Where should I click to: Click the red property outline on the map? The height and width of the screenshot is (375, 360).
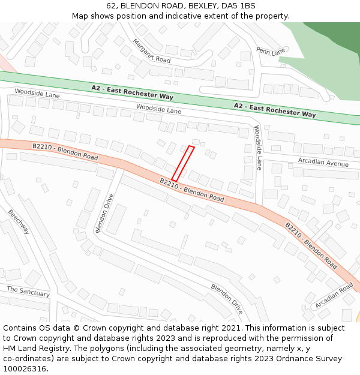coord(183,163)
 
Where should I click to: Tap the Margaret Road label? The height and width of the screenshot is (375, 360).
coord(151,52)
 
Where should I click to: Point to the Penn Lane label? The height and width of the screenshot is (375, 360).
coord(271,52)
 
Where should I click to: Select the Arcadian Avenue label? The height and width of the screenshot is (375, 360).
coord(323,163)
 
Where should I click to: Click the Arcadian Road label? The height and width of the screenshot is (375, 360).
coord(334,296)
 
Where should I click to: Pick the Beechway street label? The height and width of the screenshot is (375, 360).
coord(18,221)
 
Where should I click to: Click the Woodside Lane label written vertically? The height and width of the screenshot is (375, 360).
coord(258,148)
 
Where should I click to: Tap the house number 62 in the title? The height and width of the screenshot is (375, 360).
coord(111,5)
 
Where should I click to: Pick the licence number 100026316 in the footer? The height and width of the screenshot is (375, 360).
coord(25,369)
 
